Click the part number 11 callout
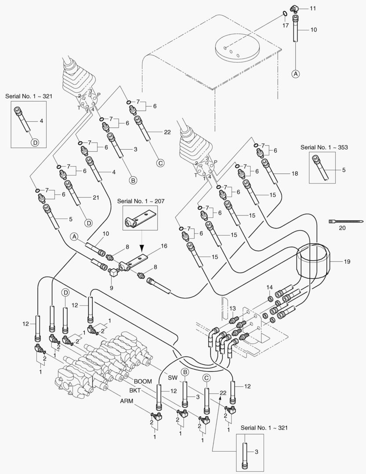(313, 8)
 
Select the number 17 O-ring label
(286, 26)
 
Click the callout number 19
(347, 262)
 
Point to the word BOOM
(143, 369)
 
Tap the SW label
(174, 378)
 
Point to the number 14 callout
(270, 287)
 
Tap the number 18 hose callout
(294, 174)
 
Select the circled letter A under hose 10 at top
(296, 74)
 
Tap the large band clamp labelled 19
(313, 262)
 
